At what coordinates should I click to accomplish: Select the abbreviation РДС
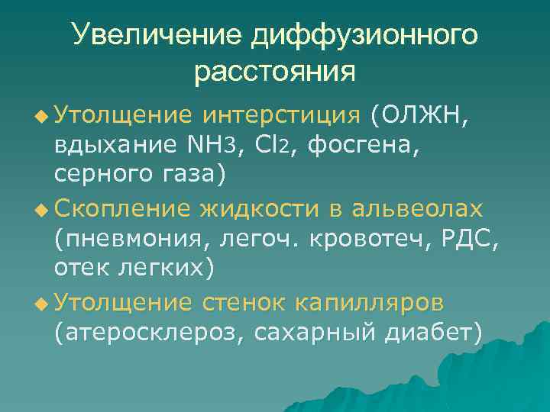[x=469, y=238]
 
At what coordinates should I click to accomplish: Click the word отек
[x=83, y=268]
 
